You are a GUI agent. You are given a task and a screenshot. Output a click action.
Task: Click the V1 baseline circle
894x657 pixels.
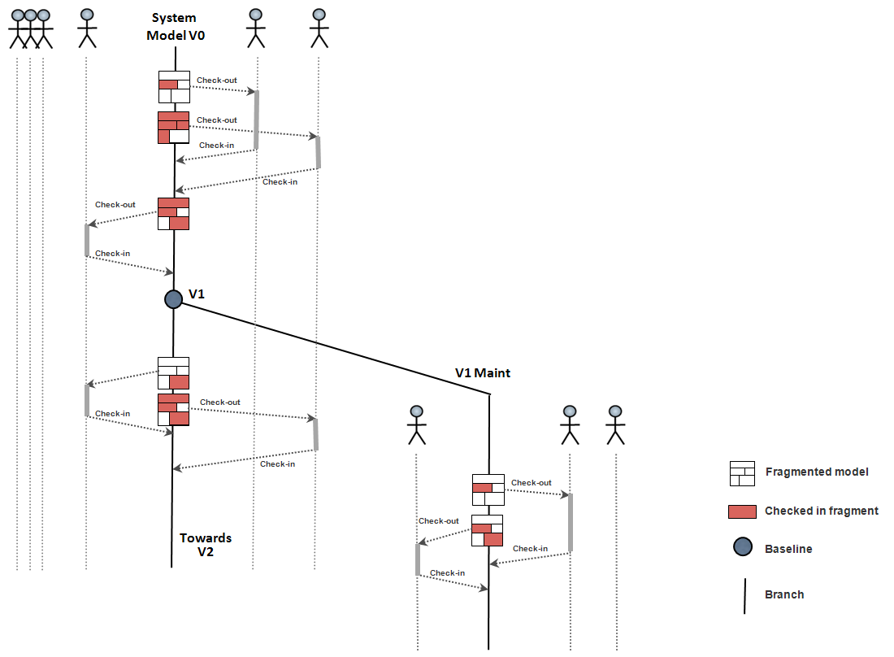(173, 299)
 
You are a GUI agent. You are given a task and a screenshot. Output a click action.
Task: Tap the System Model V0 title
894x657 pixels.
(176, 27)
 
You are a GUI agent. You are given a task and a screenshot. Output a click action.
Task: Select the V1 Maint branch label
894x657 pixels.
(483, 373)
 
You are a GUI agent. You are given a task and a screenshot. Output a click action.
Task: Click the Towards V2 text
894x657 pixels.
(206, 545)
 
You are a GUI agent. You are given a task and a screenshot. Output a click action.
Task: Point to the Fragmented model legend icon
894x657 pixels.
(742, 472)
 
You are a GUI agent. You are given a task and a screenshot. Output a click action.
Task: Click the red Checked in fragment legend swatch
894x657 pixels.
(742, 511)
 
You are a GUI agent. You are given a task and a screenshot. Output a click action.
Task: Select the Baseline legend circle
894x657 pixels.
(742, 548)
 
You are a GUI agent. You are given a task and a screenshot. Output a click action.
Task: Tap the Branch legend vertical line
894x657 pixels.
(744, 595)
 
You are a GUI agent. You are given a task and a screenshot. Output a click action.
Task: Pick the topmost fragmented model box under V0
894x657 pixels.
(174, 86)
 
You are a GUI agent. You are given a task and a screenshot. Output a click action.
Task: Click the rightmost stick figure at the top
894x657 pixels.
(319, 28)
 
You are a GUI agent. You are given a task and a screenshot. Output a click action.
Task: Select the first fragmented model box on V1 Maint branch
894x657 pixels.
(488, 489)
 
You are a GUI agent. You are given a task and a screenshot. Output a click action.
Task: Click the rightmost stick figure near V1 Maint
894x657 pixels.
(615, 424)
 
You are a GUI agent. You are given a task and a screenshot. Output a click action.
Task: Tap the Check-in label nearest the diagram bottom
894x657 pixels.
(447, 572)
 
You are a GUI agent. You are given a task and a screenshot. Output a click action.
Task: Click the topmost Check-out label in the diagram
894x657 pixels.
(216, 80)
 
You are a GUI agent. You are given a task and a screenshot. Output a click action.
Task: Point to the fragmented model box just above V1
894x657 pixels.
(173, 214)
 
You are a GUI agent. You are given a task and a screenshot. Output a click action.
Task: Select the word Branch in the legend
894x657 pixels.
(784, 594)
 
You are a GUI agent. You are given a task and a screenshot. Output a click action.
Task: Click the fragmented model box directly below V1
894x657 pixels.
(173, 372)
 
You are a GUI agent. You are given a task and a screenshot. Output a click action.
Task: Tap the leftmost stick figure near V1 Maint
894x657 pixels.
(416, 424)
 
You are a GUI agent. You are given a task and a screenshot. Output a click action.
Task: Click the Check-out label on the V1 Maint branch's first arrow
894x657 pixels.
(531, 483)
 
